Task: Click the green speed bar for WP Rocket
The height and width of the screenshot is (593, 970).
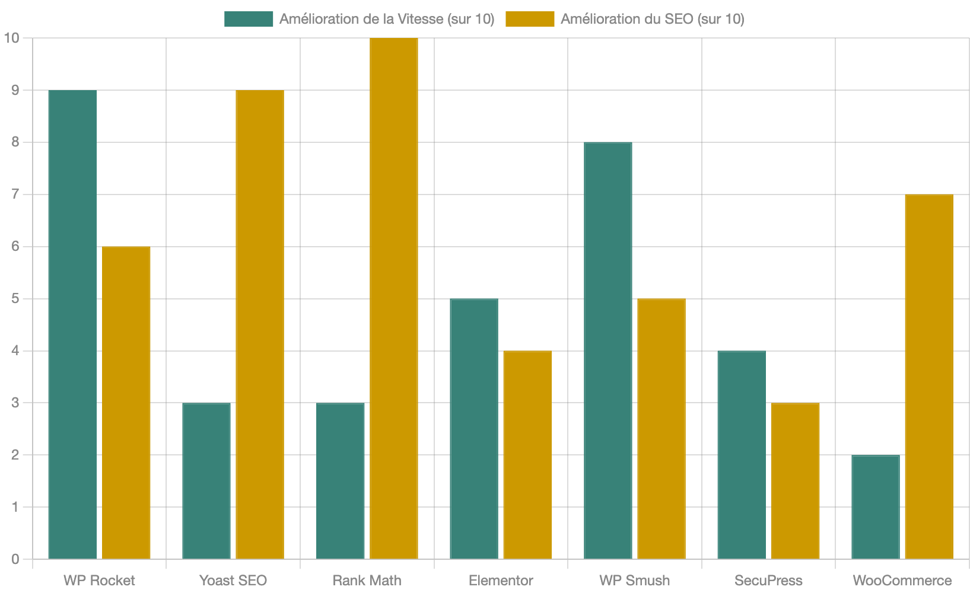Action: (x=72, y=324)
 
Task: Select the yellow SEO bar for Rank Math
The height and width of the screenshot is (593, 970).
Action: (x=394, y=298)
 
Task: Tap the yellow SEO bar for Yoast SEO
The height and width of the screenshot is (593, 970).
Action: (x=260, y=324)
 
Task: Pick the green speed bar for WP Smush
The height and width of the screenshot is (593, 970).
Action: (x=608, y=350)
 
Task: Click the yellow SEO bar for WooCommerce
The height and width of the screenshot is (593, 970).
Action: (x=929, y=377)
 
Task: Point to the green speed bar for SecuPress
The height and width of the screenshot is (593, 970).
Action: (x=742, y=455)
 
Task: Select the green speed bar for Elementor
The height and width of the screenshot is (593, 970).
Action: (x=474, y=429)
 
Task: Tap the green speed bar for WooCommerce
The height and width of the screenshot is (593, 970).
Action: (x=876, y=507)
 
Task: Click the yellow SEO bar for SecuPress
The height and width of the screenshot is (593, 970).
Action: (x=796, y=481)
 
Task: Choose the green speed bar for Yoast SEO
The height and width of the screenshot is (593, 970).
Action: (x=206, y=481)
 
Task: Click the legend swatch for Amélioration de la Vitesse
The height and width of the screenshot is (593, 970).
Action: (x=249, y=19)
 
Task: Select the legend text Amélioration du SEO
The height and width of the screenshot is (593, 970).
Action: (x=652, y=19)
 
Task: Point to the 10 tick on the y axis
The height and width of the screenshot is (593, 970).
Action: (x=12, y=38)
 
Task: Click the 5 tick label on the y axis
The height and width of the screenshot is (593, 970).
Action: (x=15, y=299)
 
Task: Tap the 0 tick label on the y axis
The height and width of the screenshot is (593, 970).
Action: (x=15, y=559)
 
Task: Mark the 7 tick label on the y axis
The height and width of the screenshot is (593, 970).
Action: (x=15, y=195)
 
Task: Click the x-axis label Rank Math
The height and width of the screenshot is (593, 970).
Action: (x=367, y=581)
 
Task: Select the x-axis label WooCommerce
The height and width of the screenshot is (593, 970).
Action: (x=902, y=581)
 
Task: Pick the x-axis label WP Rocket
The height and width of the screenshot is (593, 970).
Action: (x=99, y=581)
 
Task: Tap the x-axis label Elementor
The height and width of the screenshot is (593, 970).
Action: (x=501, y=581)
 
